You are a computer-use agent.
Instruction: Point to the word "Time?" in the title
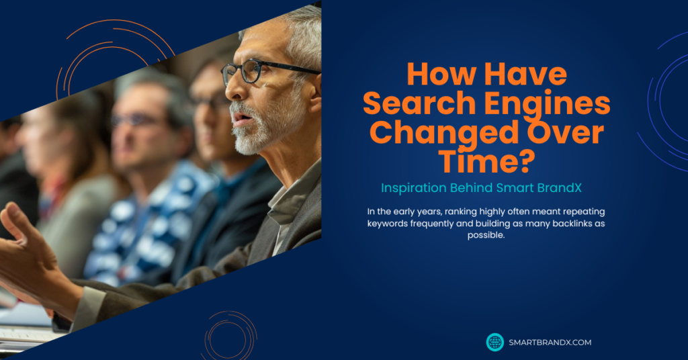[486, 161]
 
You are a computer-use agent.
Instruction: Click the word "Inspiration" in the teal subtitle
[414, 188]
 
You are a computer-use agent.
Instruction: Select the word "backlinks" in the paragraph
[572, 224]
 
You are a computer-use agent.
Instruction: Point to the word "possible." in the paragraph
[486, 236]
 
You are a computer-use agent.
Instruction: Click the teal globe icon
[495, 343]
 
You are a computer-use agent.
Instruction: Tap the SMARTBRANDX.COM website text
[550, 343]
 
